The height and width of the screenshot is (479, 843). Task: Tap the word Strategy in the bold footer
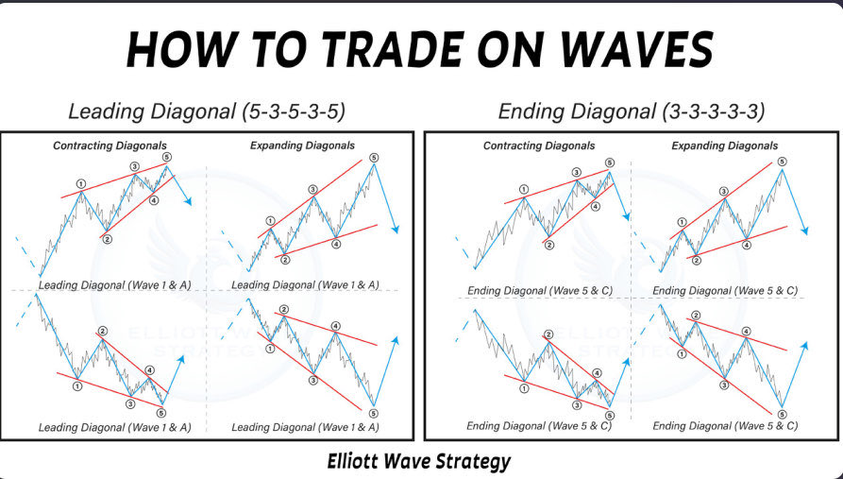[469, 461]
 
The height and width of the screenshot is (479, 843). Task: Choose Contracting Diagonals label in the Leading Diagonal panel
[104, 145]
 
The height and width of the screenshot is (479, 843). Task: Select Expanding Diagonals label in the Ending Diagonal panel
[725, 145]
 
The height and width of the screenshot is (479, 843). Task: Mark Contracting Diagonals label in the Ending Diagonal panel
[539, 145]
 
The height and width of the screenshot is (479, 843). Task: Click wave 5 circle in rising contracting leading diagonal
[167, 157]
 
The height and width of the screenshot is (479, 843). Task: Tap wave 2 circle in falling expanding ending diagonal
[696, 315]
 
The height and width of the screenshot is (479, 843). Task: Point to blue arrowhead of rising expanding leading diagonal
[396, 231]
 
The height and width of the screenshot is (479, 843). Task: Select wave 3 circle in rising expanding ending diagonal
[724, 191]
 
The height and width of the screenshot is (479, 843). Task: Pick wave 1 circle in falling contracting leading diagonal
[77, 385]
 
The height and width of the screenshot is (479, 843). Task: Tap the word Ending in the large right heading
[532, 111]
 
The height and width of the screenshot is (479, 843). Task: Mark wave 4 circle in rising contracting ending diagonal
[595, 205]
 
